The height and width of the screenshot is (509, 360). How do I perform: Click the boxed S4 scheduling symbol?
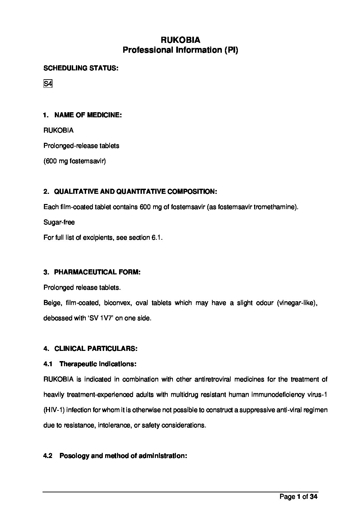(x=48, y=84)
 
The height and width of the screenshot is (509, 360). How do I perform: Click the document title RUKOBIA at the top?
(x=180, y=40)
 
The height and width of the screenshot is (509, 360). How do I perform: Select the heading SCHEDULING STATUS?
(x=81, y=68)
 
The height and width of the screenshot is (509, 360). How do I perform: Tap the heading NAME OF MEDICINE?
(x=88, y=115)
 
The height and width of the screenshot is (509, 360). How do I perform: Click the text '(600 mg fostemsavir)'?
(x=75, y=161)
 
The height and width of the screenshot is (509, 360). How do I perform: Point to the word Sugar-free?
(x=59, y=222)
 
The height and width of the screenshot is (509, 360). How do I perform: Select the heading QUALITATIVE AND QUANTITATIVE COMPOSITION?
(x=135, y=192)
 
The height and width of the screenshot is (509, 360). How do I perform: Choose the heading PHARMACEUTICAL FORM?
(x=97, y=272)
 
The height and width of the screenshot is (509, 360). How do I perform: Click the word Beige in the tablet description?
(x=52, y=303)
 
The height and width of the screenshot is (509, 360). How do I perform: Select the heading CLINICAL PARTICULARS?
(x=96, y=349)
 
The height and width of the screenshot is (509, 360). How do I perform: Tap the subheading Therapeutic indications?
(x=98, y=364)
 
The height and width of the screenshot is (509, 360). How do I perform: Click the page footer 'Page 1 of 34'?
(x=298, y=496)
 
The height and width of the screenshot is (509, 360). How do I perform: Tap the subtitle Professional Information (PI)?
(x=180, y=50)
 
